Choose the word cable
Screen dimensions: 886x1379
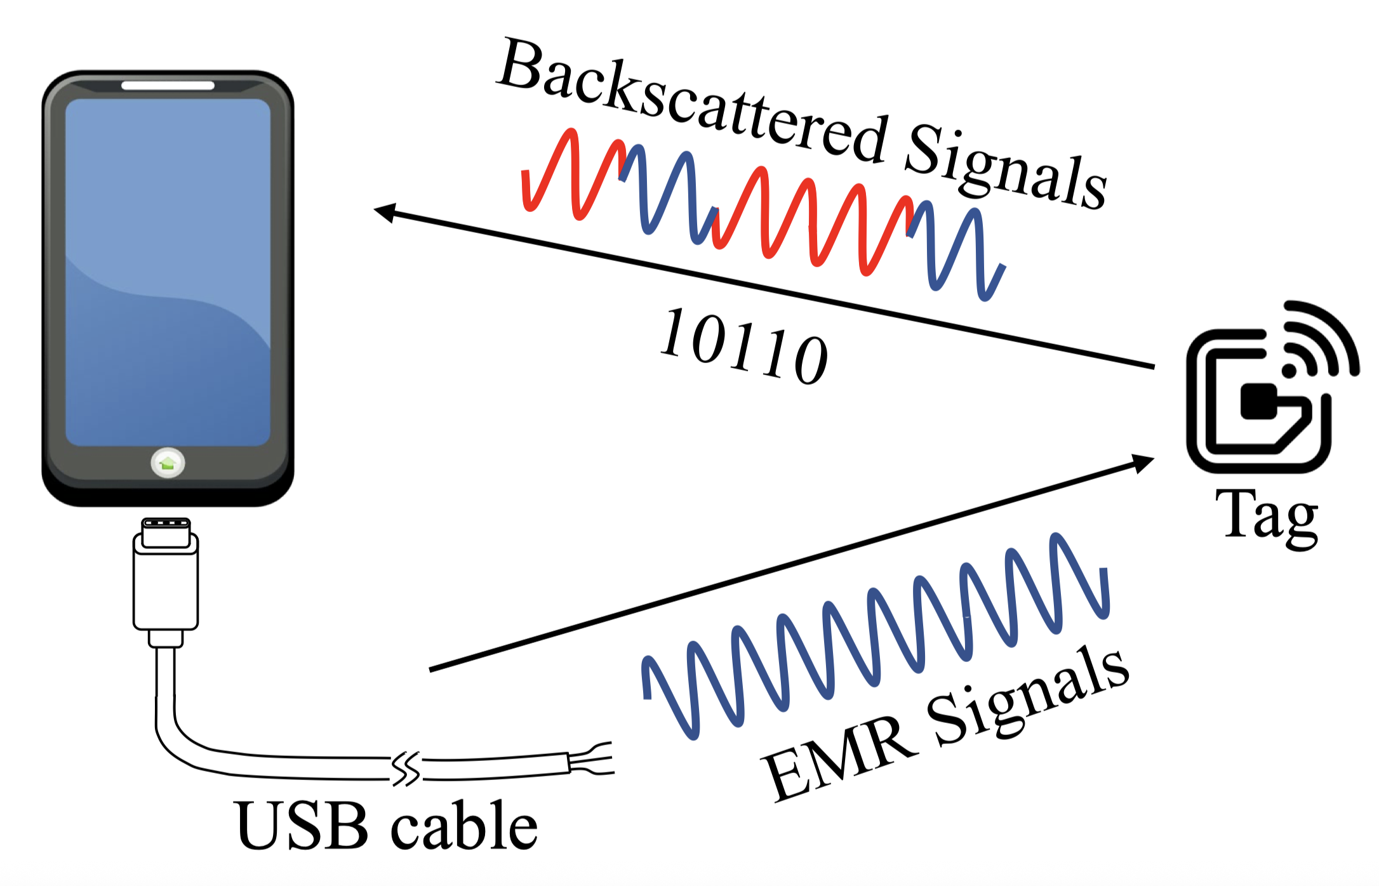coord(463,825)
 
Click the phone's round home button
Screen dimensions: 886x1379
coord(168,463)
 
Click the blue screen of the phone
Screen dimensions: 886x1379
coord(168,273)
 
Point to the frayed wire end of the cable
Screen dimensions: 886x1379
coord(594,759)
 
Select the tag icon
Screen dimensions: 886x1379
coord(1263,393)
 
